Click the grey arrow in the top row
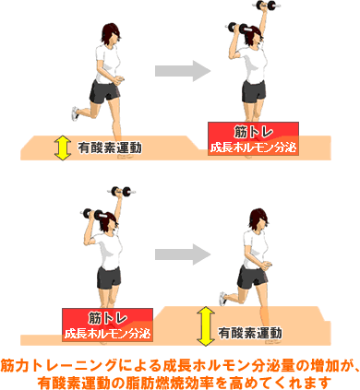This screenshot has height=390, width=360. (x=183, y=71)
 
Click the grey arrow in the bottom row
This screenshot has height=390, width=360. (x=183, y=254)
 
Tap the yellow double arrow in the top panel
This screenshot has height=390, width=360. (x=63, y=148)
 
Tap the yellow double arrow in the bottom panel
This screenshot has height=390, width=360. (x=206, y=326)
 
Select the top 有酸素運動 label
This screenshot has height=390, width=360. (x=110, y=148)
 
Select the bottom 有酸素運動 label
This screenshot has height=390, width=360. (x=250, y=333)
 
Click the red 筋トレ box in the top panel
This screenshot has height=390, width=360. (x=253, y=138)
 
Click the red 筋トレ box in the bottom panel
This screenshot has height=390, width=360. (x=107, y=325)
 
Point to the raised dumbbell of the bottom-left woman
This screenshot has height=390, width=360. (x=122, y=191)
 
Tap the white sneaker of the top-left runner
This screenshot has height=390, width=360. (x=75, y=113)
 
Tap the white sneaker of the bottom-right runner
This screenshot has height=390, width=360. (x=223, y=299)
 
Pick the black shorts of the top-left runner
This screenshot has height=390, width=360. (x=104, y=91)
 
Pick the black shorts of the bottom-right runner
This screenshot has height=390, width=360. (x=253, y=277)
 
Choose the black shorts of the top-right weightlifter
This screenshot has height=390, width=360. (x=254, y=91)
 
